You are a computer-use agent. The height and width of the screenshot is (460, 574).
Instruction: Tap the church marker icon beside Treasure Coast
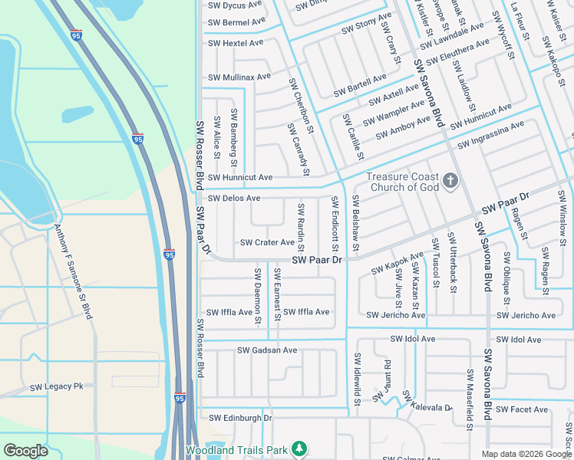[450, 181]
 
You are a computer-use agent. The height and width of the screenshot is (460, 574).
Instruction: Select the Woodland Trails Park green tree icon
[301, 449]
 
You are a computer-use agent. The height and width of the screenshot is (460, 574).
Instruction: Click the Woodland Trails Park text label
[236, 449]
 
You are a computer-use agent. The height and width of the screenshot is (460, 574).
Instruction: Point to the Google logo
[25, 450]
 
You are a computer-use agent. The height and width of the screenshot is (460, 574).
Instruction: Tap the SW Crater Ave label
[267, 242]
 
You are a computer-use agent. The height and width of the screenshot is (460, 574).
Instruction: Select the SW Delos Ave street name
[234, 198]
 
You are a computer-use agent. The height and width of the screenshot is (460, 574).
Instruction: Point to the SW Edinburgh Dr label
[240, 418]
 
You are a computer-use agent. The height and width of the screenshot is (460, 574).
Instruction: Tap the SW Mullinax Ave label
[239, 77]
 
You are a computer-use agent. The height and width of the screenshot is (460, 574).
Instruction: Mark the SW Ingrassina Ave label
[490, 135]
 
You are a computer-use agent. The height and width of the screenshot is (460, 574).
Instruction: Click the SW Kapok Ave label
[397, 263]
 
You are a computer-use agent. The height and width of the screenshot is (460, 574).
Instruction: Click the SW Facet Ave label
[522, 409]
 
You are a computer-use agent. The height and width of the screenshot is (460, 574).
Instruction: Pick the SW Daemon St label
[257, 294]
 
